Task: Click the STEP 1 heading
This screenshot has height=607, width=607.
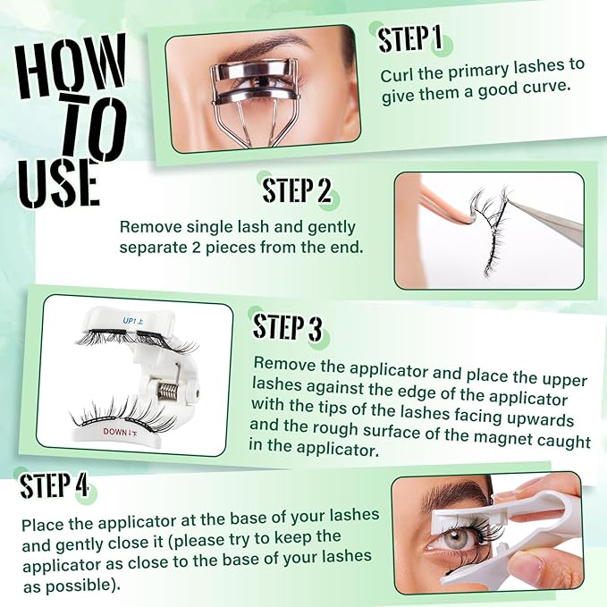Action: click(410, 40)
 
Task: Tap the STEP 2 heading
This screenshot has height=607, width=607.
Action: click(297, 190)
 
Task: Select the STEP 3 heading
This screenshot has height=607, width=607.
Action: click(287, 327)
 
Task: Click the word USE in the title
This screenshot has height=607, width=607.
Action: click(57, 182)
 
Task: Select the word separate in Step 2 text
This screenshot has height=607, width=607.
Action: click(151, 247)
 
